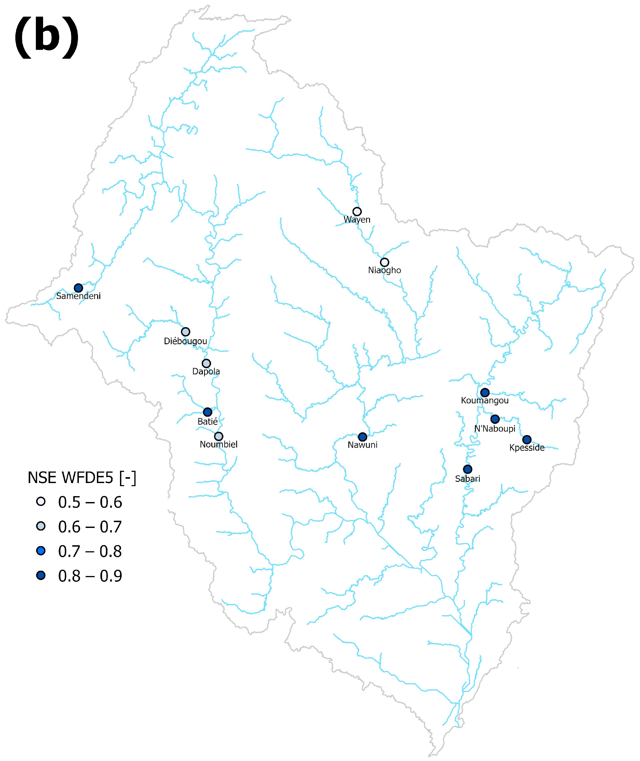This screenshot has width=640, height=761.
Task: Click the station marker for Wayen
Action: [x=357, y=212]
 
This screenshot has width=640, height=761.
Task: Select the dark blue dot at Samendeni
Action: [x=78, y=288]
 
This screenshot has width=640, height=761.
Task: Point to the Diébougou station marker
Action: [x=185, y=332]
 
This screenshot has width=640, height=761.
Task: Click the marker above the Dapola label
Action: [x=206, y=363]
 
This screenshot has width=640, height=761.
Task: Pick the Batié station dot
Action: [x=207, y=412]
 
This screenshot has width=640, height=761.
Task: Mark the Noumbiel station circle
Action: [x=218, y=436]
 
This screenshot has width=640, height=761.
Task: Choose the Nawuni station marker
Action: [x=363, y=437]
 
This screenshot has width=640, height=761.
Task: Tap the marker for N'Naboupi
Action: [x=495, y=419]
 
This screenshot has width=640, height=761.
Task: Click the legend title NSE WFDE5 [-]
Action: [x=82, y=478]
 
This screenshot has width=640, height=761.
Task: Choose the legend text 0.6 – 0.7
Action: [x=90, y=527]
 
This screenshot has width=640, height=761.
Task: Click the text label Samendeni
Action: [x=78, y=296]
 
